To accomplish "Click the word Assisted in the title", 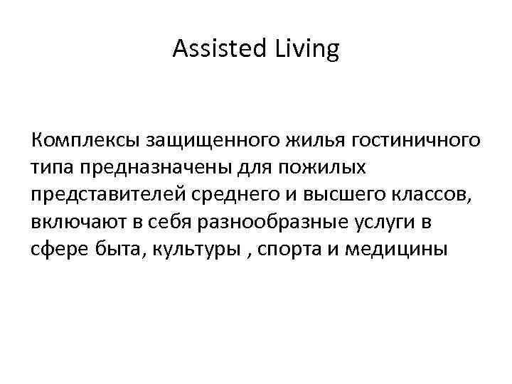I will click(x=214, y=50).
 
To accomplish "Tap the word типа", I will click(x=53, y=168).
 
